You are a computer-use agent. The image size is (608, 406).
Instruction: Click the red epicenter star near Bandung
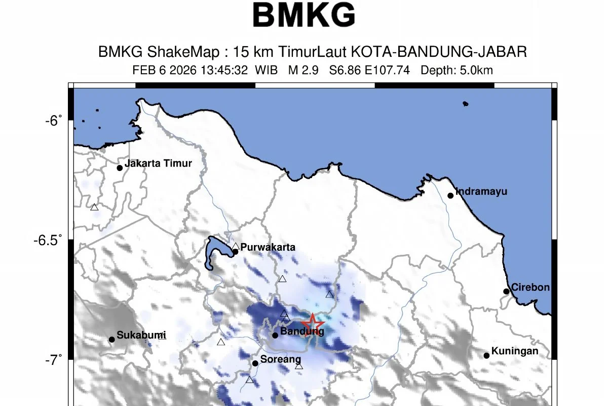point(313,323)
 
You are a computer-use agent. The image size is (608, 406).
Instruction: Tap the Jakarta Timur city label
point(158,163)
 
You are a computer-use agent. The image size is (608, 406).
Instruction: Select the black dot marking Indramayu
point(450,195)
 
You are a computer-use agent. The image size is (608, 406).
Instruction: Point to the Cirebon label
point(530,287)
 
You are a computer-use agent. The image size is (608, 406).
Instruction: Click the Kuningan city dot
point(486,355)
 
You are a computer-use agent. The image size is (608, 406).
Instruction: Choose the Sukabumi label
point(141,335)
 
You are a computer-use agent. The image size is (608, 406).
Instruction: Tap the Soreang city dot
point(255,363)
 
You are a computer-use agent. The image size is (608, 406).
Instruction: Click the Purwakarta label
point(268,248)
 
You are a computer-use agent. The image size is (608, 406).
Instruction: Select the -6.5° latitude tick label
point(49,240)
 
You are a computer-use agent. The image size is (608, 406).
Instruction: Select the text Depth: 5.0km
point(457,71)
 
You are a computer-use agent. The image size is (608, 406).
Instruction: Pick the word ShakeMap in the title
point(189,52)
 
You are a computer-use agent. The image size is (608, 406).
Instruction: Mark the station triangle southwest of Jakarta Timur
point(94,207)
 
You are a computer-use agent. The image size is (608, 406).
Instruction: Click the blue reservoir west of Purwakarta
point(213,251)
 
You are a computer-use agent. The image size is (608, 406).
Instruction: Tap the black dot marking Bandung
point(275,335)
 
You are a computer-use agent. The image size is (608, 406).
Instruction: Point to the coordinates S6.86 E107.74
point(369,71)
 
